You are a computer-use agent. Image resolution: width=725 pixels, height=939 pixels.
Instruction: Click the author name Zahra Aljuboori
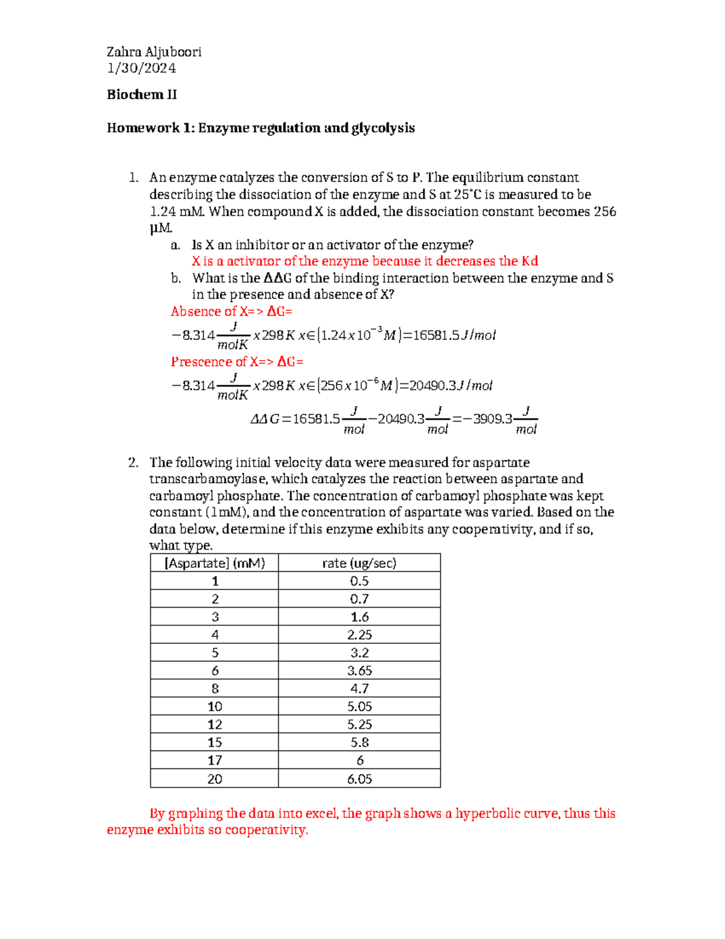tap(154, 52)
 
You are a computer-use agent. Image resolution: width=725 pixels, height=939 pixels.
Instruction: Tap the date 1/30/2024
tap(141, 68)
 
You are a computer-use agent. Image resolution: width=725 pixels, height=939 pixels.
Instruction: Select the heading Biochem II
tap(142, 94)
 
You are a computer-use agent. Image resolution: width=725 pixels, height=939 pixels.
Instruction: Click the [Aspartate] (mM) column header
tap(214, 564)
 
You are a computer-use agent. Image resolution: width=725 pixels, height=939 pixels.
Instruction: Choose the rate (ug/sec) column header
tap(359, 564)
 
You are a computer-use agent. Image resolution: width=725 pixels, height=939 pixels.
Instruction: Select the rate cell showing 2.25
tap(359, 635)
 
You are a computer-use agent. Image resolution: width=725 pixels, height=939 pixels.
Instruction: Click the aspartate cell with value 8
tap(215, 689)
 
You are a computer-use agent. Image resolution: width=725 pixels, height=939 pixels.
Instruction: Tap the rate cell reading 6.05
tap(359, 779)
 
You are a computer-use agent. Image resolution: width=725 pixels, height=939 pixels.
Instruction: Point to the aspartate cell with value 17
tap(215, 761)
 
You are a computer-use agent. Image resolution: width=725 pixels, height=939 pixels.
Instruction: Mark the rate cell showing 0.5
tap(359, 581)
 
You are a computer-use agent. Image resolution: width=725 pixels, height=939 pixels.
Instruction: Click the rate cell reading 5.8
tap(359, 742)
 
